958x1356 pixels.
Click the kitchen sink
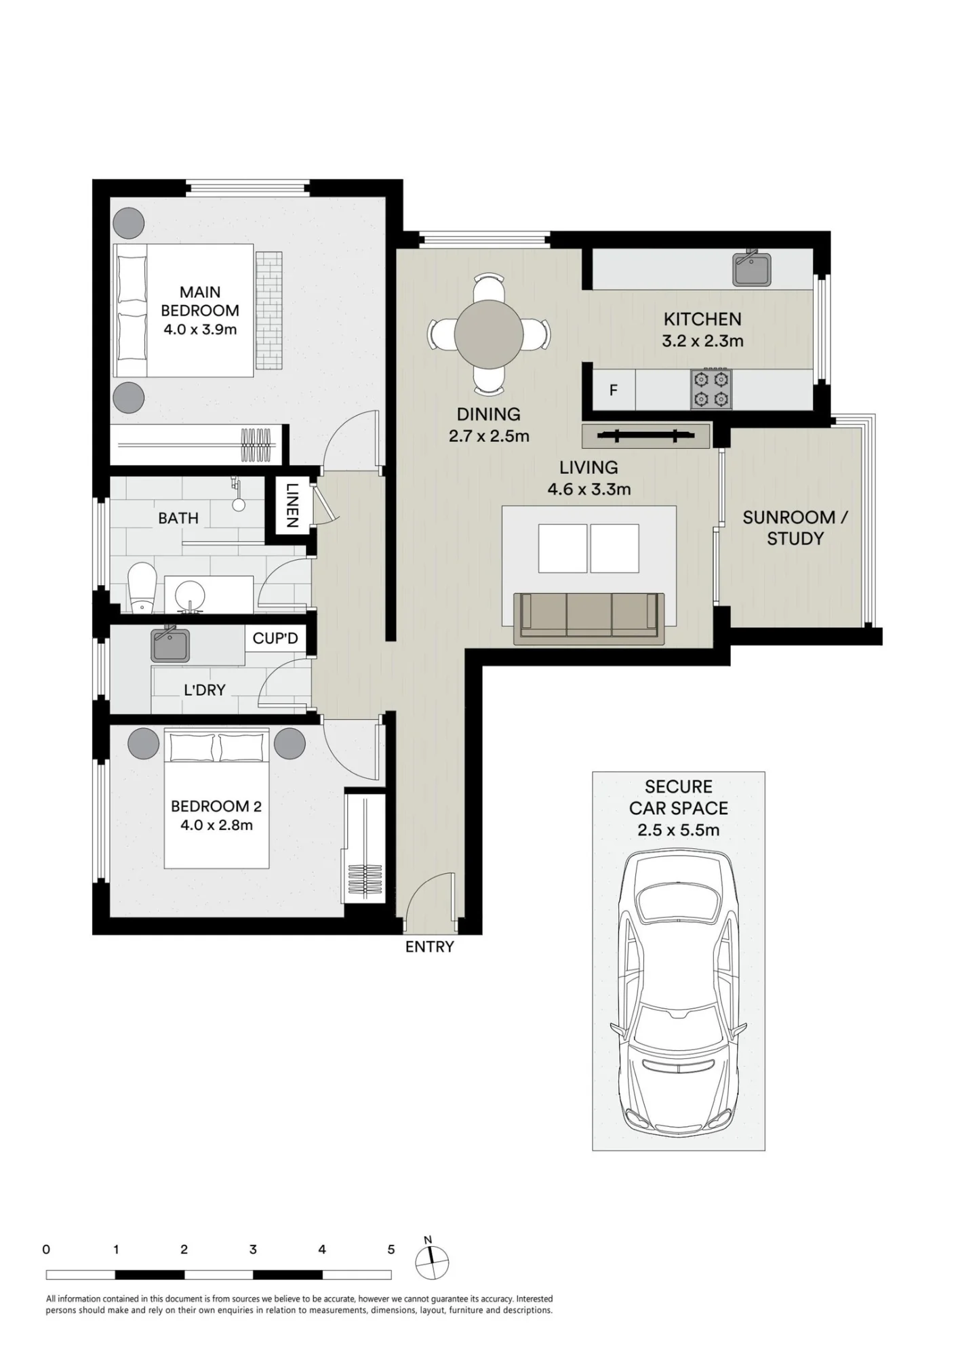pyautogui.click(x=752, y=268)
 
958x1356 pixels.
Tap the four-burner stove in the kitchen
pyautogui.click(x=711, y=389)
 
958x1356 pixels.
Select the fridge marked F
pyautogui.click(x=614, y=390)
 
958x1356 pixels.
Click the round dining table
pyautogui.click(x=489, y=334)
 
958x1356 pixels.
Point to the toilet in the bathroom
pyautogui.click(x=142, y=586)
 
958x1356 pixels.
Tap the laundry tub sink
pyautogui.click(x=170, y=644)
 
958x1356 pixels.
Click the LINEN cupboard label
pyautogui.click(x=292, y=505)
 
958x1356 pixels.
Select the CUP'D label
pyautogui.click(x=275, y=638)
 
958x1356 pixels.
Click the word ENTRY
pyautogui.click(x=430, y=946)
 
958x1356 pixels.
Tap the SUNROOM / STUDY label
pyautogui.click(x=795, y=527)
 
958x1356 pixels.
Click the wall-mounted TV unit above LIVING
pyautogui.click(x=646, y=436)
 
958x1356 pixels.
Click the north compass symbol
pyautogui.click(x=432, y=1262)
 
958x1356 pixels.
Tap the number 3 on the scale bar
pyautogui.click(x=253, y=1250)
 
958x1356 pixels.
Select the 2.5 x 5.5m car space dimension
pyautogui.click(x=678, y=830)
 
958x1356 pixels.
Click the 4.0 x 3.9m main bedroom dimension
pyautogui.click(x=200, y=330)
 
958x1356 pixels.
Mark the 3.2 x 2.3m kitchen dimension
pyautogui.click(x=702, y=340)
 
